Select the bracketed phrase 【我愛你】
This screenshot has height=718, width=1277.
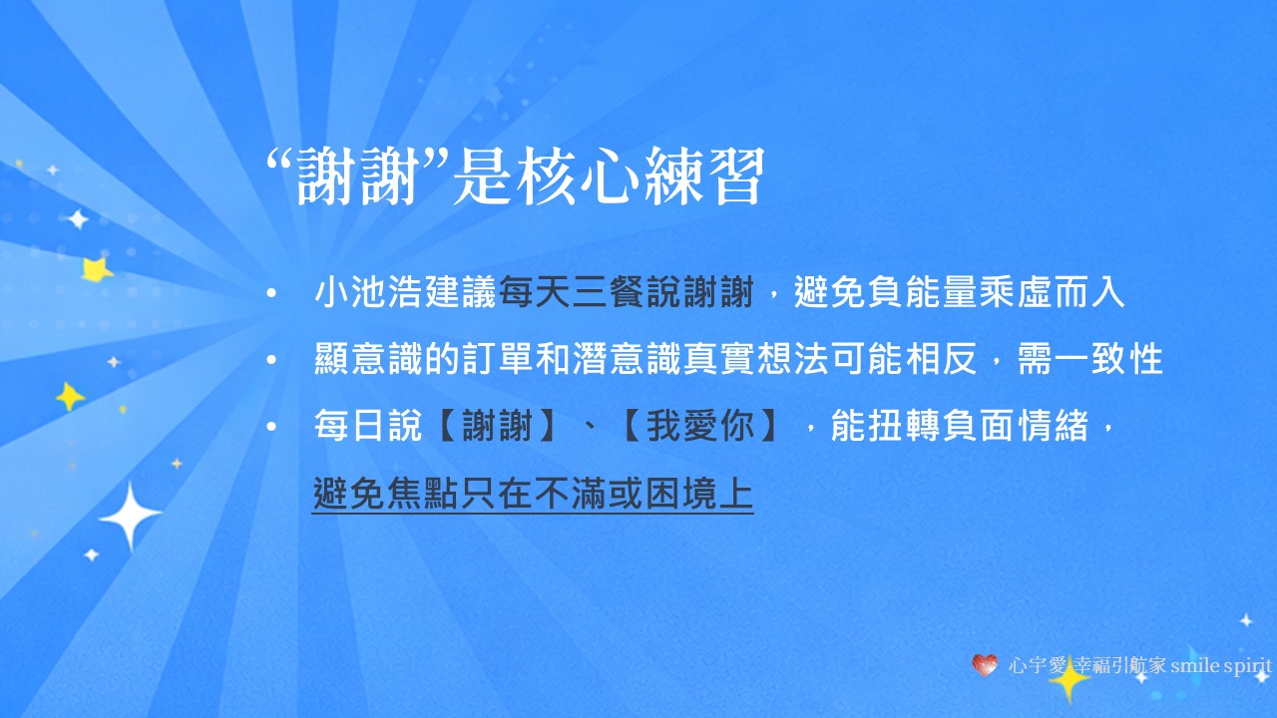coord(698,427)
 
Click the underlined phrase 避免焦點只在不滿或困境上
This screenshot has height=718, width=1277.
coord(533,494)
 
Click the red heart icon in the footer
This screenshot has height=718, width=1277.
coord(985,664)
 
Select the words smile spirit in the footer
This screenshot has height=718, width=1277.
coord(1222,664)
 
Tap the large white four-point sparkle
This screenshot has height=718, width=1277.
coord(130,515)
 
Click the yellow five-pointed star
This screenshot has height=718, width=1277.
coord(97,268)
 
